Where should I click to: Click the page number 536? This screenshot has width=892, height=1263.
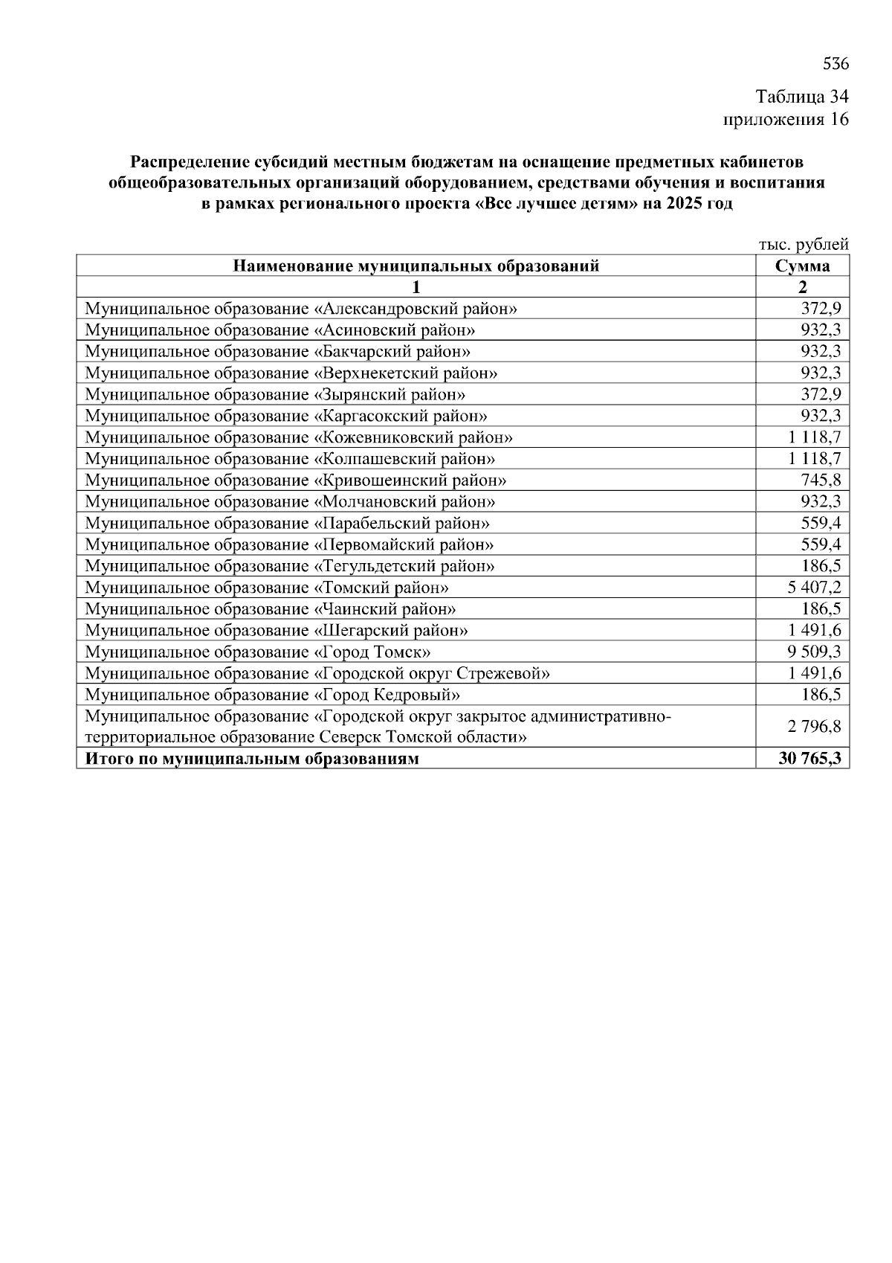pyautogui.click(x=836, y=64)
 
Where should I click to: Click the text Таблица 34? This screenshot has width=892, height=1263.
pyautogui.click(x=801, y=97)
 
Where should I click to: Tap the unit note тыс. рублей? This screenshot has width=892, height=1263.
pyautogui.click(x=803, y=245)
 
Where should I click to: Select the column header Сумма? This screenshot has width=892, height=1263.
pyautogui.click(x=802, y=266)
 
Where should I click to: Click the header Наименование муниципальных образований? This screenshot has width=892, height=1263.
pyautogui.click(x=416, y=266)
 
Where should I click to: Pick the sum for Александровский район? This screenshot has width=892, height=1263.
pyautogui.click(x=820, y=309)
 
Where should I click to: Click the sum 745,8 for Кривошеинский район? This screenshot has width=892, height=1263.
pyautogui.click(x=820, y=481)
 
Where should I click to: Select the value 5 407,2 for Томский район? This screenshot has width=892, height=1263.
pyautogui.click(x=814, y=588)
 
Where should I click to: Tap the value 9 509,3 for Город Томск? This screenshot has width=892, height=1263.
pyautogui.click(x=814, y=652)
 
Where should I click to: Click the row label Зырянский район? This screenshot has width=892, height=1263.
pyautogui.click(x=275, y=394)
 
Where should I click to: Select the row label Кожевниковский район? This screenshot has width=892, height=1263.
pyautogui.click(x=298, y=437)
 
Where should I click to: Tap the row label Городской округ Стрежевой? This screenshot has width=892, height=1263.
pyautogui.click(x=317, y=674)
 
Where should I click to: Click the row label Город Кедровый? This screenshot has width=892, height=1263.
pyautogui.click(x=272, y=695)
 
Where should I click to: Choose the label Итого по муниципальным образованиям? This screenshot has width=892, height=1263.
pyautogui.click(x=252, y=759)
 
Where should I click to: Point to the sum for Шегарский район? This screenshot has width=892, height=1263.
pyautogui.click(x=814, y=631)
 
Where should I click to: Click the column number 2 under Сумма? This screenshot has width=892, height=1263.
pyautogui.click(x=802, y=287)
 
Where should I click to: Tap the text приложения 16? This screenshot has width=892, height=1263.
pyautogui.click(x=786, y=119)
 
